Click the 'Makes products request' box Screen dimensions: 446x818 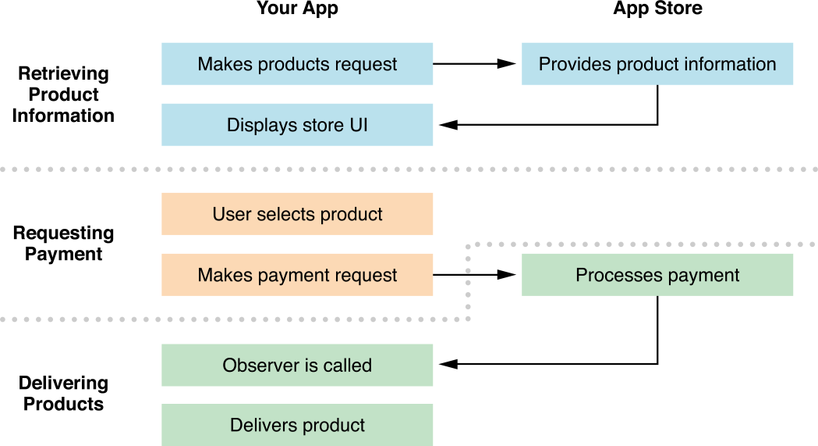[x=297, y=64]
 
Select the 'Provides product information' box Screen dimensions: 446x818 [x=657, y=64]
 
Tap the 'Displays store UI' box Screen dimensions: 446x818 [x=297, y=125]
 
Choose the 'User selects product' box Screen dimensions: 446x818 [x=297, y=214]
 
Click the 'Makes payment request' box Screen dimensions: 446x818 [x=297, y=275]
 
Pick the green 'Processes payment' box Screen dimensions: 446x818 [x=657, y=275]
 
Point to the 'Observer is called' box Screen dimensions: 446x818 [x=297, y=366]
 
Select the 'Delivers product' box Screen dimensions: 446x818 [x=297, y=426]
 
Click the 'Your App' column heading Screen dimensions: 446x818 [x=297, y=9]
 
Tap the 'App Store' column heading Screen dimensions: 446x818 [x=657, y=9]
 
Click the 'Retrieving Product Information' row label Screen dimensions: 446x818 [x=63, y=95]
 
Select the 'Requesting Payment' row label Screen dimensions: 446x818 [x=63, y=244]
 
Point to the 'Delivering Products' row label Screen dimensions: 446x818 [x=63, y=394]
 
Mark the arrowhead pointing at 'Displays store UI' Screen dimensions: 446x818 [x=448, y=125]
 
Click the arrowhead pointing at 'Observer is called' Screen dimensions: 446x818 [x=448, y=365]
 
